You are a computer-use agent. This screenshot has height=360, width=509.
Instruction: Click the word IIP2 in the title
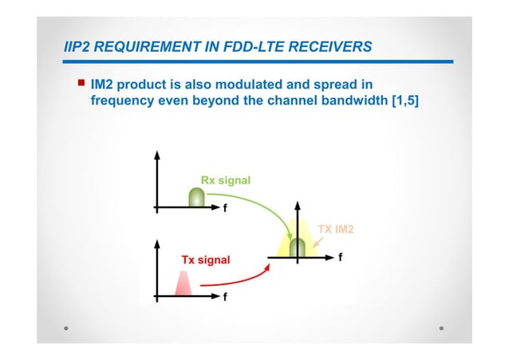point(78,47)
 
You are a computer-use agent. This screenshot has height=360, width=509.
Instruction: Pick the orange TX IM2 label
point(337,230)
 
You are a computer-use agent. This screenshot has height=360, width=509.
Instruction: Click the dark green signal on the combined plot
point(298,247)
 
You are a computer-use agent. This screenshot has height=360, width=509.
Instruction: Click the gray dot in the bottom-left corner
point(67,327)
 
